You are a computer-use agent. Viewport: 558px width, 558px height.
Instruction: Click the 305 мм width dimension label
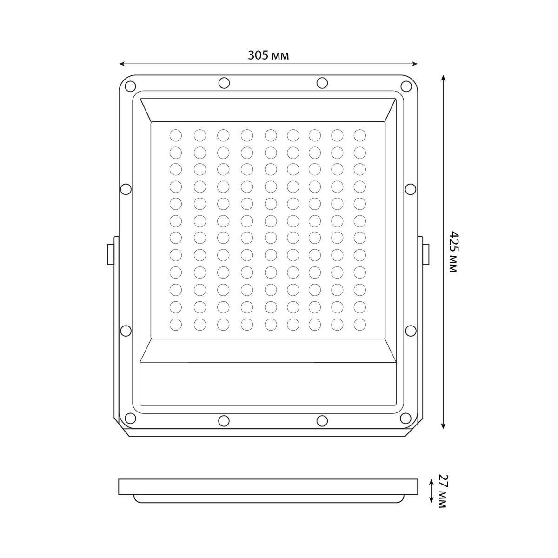(x=268, y=56)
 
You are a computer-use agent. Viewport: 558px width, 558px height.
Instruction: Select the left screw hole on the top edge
(x=224, y=83)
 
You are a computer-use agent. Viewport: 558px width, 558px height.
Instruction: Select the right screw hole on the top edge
(x=322, y=83)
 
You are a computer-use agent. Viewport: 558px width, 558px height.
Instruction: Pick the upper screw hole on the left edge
(x=126, y=189)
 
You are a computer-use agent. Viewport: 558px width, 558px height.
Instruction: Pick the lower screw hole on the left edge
(x=126, y=330)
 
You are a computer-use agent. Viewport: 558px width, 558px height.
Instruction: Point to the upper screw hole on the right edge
(x=411, y=189)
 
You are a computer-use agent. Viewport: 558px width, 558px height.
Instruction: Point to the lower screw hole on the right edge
(x=411, y=330)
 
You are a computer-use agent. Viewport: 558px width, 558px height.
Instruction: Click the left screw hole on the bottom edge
(x=224, y=420)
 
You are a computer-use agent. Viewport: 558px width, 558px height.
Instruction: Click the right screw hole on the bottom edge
(x=322, y=420)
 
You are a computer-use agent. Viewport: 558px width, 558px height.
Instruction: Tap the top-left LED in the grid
(x=176, y=135)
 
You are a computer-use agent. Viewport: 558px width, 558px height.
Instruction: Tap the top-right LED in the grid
(x=360, y=135)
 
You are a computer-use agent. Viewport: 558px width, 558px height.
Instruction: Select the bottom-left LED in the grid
(x=176, y=324)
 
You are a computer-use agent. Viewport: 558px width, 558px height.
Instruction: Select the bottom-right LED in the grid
(x=360, y=324)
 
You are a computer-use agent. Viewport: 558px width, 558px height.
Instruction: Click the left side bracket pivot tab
(x=110, y=254)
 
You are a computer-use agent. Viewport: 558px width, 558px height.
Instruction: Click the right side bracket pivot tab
(x=425, y=254)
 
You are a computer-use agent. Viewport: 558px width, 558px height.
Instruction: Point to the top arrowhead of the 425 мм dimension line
(x=443, y=77)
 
